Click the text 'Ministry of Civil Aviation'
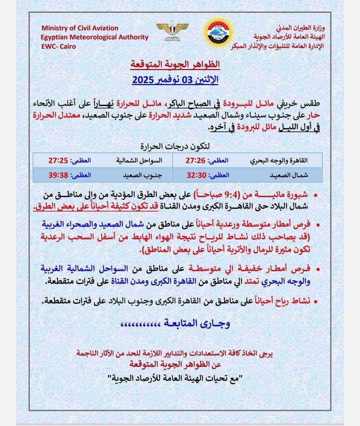point(80,28)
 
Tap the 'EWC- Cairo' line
point(58,46)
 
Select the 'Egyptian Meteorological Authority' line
point(95,37)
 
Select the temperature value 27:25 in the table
point(58,160)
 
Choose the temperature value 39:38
point(58,174)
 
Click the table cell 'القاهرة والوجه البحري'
point(279,160)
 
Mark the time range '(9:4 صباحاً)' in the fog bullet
point(220,194)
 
